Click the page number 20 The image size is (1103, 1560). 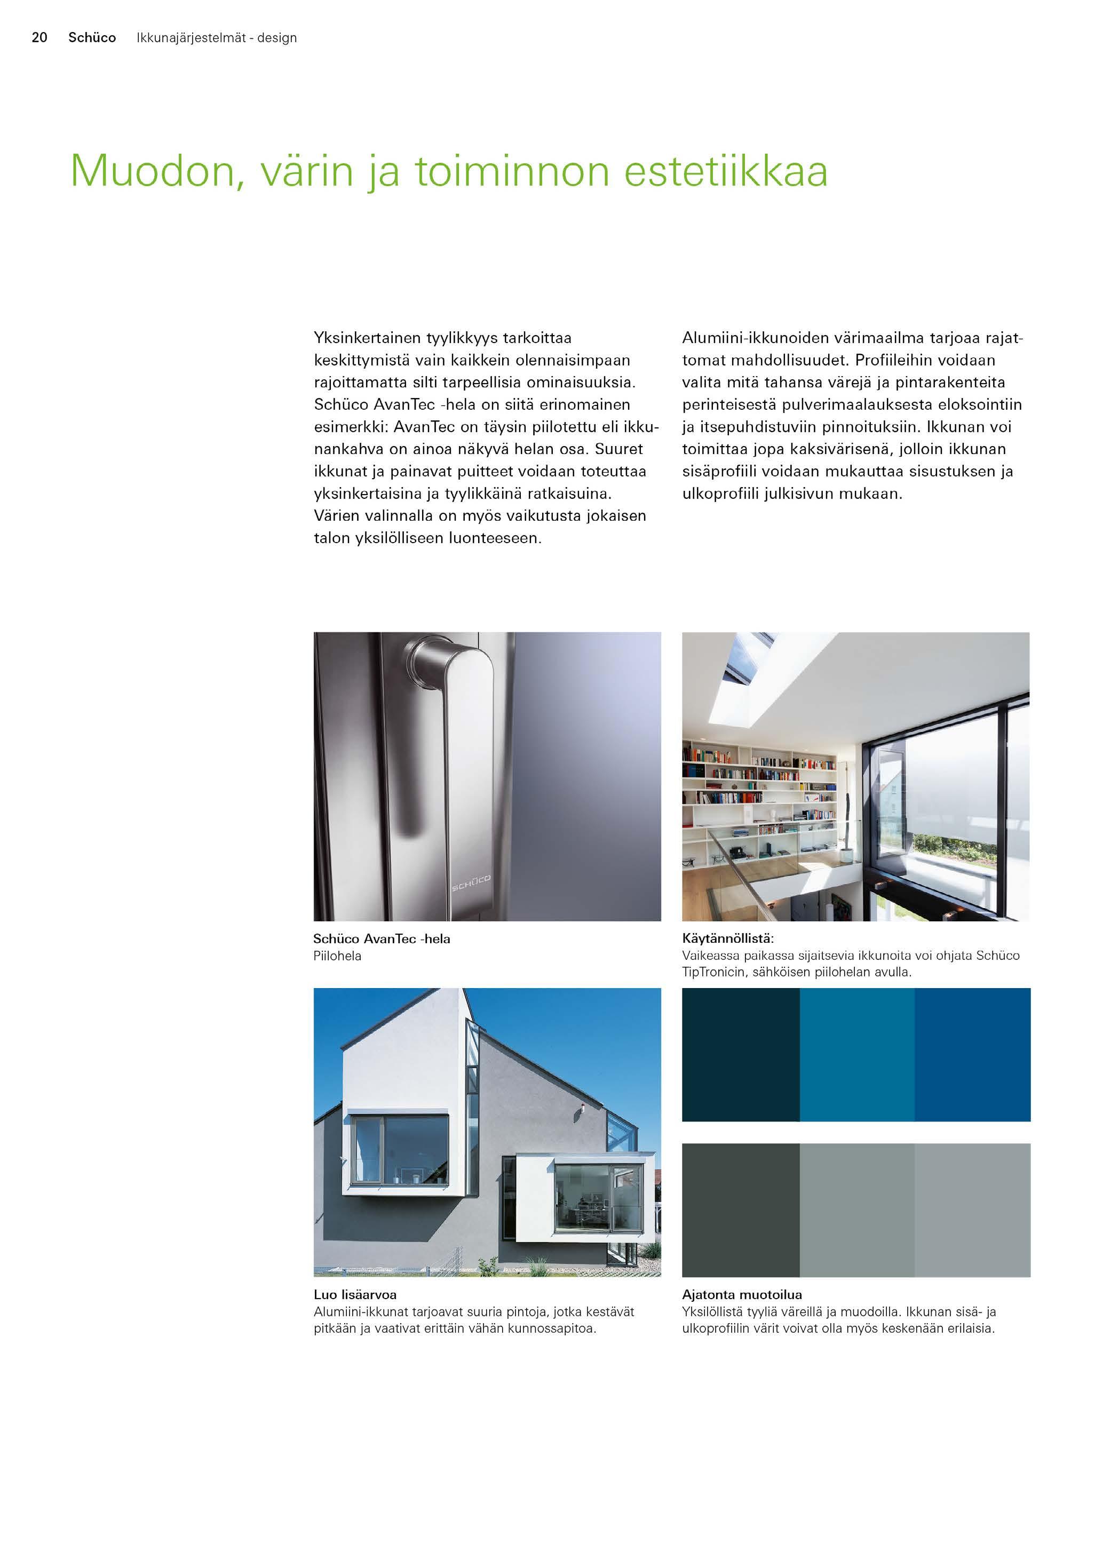[39, 37]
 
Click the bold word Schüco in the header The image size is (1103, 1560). [92, 37]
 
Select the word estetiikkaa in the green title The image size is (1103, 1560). [725, 171]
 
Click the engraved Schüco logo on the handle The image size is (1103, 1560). [471, 882]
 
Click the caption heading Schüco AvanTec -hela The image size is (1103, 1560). [381, 938]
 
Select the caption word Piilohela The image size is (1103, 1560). [337, 956]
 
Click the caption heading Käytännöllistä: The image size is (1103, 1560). [728, 938]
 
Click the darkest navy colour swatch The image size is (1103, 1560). [740, 1055]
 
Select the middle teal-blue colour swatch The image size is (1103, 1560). [856, 1055]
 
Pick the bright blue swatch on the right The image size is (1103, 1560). [972, 1055]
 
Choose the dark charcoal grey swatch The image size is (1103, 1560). [740, 1209]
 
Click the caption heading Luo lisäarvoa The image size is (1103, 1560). [355, 1294]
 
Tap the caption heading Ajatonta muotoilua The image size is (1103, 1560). [741, 1294]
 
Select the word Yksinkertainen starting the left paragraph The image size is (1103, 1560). [367, 338]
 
